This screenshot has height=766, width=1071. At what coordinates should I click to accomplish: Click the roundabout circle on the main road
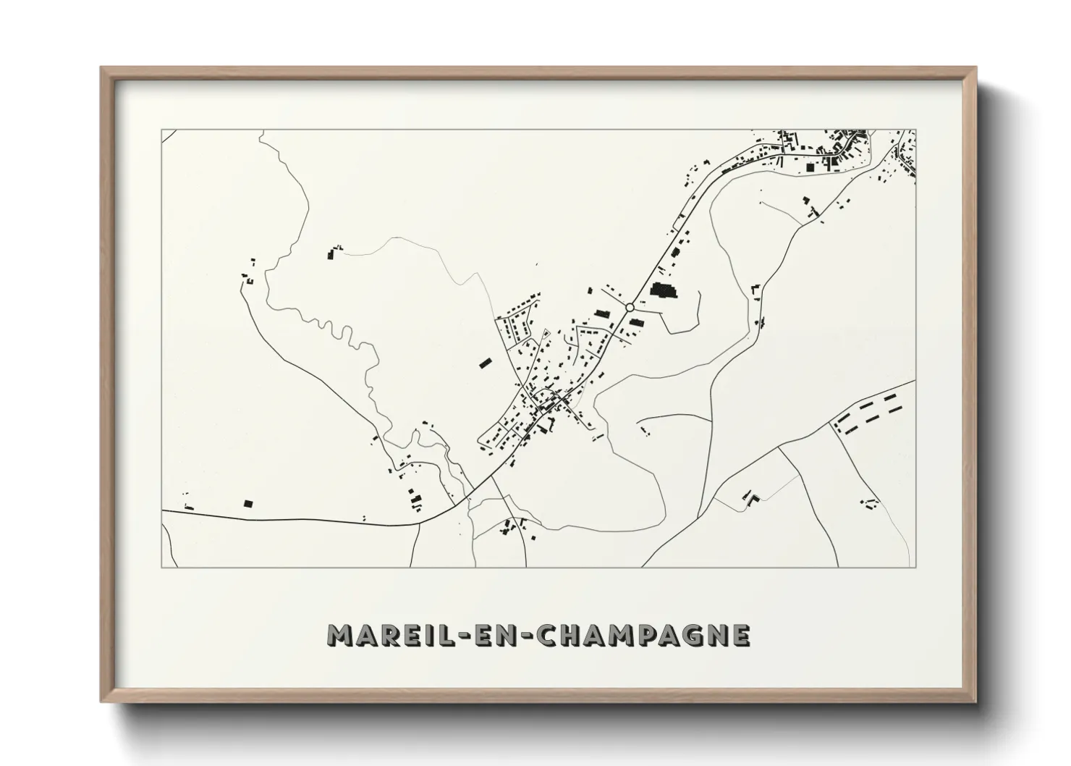[x=630, y=308]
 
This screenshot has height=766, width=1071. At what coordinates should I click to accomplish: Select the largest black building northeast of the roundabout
[x=662, y=292]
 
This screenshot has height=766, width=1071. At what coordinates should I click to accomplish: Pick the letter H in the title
[x=576, y=635]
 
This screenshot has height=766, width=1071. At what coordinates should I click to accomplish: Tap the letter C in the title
[x=551, y=635]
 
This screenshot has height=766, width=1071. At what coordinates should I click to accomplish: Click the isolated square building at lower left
[x=248, y=503]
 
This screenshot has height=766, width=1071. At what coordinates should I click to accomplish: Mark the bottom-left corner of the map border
[x=162, y=567]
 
